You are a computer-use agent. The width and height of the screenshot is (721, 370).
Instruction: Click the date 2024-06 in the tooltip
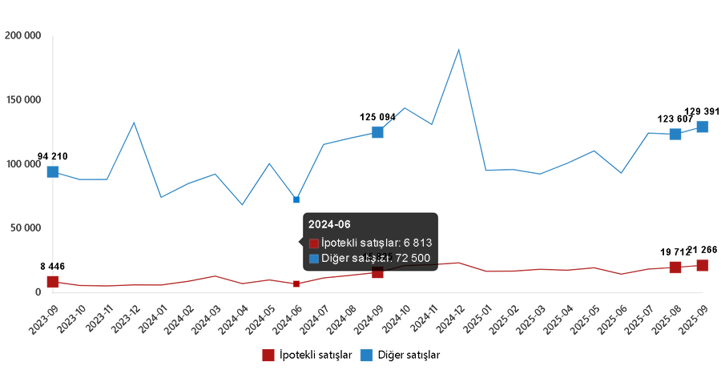coord(329,225)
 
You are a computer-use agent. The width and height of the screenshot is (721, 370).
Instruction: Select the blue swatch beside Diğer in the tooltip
coord(314,259)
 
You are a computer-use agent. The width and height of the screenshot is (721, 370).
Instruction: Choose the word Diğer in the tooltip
coord(336,259)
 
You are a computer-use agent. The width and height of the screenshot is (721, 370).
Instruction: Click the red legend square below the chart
coord(268,355)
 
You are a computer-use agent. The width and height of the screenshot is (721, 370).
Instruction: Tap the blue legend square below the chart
coord(366,355)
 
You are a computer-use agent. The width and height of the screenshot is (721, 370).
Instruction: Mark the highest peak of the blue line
coord(458,49)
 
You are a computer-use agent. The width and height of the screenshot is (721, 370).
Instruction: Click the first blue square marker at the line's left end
coord(53,171)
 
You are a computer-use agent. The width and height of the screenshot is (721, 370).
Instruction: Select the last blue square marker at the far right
coord(703,127)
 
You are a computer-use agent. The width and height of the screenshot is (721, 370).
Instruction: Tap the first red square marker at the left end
coord(53,281)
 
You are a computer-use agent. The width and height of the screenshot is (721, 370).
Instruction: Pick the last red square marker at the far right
coord(703,265)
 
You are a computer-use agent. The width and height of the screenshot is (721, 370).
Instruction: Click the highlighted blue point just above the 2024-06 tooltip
coord(296,199)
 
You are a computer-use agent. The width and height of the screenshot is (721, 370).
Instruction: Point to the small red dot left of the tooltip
coord(296,284)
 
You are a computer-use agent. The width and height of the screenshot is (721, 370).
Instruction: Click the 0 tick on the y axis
coord(38,292)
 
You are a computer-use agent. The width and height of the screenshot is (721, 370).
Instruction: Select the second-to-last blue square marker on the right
coord(675,134)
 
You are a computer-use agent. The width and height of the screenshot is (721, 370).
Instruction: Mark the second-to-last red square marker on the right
coord(675,267)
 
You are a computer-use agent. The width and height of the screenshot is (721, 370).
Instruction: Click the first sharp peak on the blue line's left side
coord(134,122)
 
